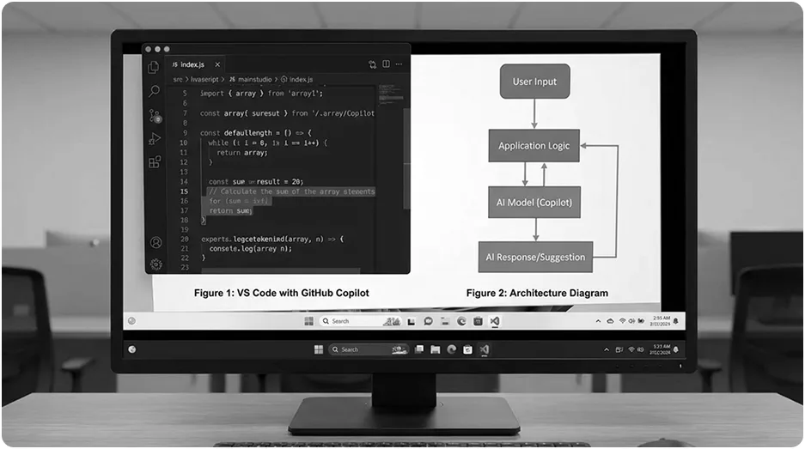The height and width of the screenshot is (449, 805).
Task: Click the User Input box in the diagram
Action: click(534, 82)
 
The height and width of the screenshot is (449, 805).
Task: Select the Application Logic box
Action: click(534, 146)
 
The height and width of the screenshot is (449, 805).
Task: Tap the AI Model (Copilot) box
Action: click(534, 203)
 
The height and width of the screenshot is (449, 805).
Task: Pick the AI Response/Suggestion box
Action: click(535, 257)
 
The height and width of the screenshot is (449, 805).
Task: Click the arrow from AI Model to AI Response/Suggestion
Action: click(534, 229)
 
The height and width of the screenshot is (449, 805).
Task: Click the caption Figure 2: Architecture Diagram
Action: click(537, 294)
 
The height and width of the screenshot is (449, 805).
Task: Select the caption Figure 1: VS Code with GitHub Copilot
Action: click(281, 294)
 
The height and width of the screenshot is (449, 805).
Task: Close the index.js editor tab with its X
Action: click(217, 64)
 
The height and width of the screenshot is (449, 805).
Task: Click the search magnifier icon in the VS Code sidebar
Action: click(155, 91)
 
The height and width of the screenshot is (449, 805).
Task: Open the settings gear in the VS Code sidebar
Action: click(156, 264)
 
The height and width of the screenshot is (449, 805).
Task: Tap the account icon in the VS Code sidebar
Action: click(156, 243)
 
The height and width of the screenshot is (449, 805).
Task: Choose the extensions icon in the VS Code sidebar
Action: click(155, 162)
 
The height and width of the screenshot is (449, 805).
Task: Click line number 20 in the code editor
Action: click(184, 239)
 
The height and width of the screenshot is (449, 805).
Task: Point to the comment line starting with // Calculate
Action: click(291, 191)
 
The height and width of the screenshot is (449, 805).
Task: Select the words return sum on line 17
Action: click(230, 210)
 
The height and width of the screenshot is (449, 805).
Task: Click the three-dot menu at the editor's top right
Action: click(400, 64)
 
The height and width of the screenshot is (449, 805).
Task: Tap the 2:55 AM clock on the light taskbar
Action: click(661, 319)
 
